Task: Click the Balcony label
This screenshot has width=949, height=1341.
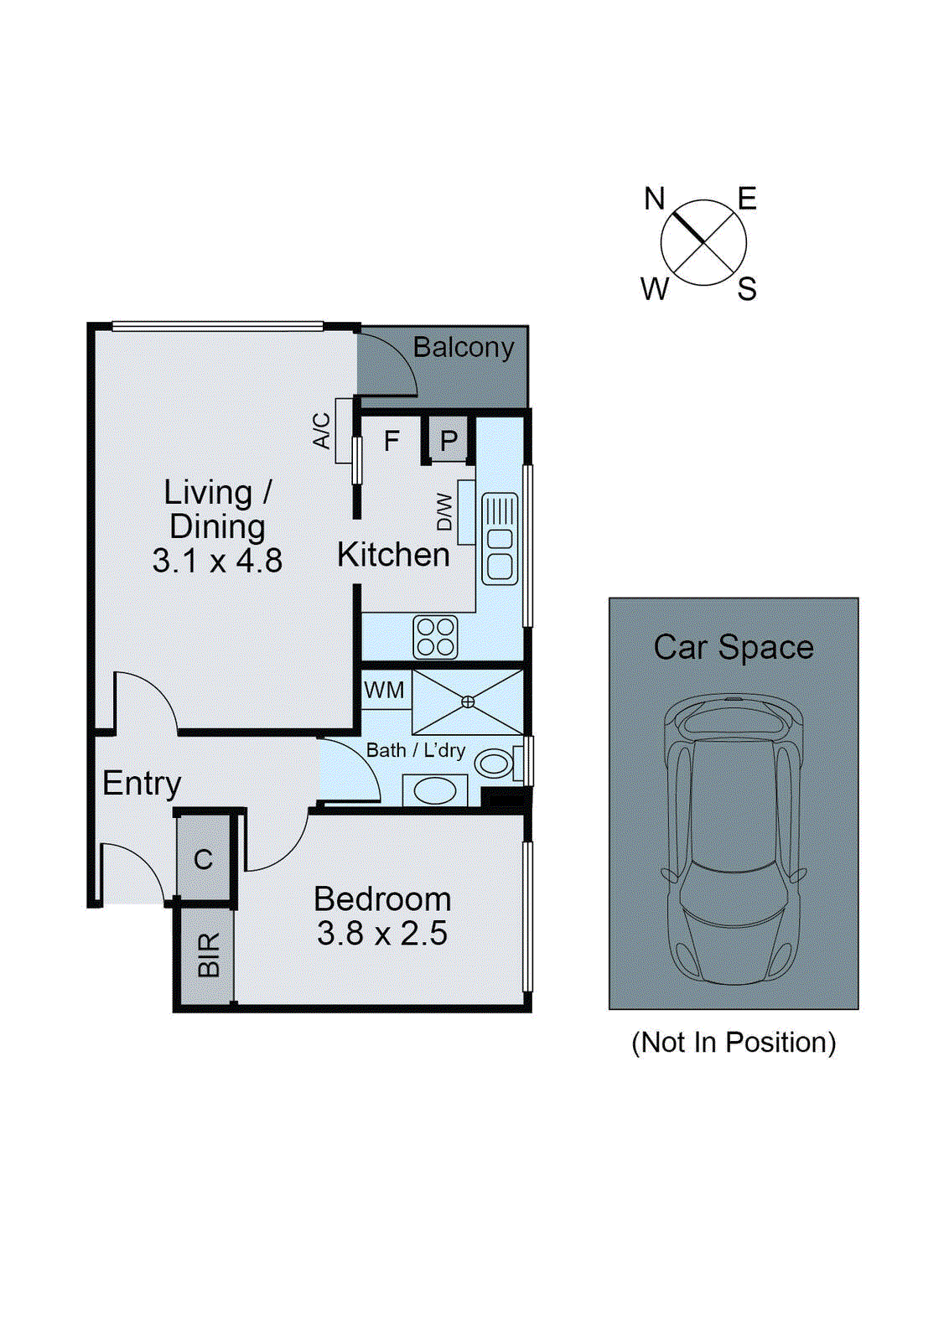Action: [x=463, y=347]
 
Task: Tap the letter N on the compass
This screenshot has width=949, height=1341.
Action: [x=654, y=199]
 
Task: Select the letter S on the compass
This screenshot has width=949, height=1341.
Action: [x=747, y=289]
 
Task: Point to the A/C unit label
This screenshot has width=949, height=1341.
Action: [x=322, y=431]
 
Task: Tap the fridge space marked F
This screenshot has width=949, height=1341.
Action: [x=392, y=441]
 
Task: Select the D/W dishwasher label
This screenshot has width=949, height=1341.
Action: [x=445, y=512]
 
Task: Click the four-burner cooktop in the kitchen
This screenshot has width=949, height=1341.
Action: [x=436, y=637]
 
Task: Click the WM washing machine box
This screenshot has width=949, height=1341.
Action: [x=385, y=690]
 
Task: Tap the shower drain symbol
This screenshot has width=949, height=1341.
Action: [x=468, y=702]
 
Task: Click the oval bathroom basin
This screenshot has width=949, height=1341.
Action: [x=435, y=790]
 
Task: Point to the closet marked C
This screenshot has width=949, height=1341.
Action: [x=204, y=859]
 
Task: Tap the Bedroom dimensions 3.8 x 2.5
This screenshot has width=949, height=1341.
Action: [x=382, y=934]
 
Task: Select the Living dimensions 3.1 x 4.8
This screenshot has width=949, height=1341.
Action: [x=217, y=561]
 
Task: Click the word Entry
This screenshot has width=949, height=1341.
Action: [x=142, y=783]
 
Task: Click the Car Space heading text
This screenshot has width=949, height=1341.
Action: [x=734, y=647]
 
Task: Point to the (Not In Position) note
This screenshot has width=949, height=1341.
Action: [x=734, y=1042]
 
